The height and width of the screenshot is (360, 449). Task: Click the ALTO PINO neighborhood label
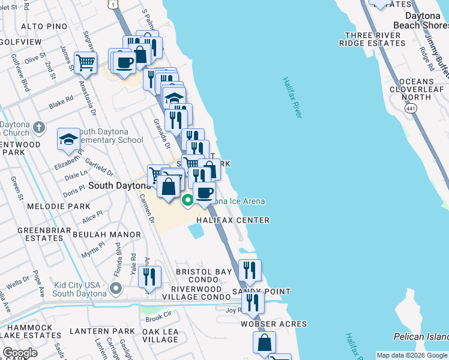pyautogui.click(x=40, y=27)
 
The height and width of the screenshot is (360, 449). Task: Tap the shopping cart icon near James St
pyautogui.click(x=86, y=62)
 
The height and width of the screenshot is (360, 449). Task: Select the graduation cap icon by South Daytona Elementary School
pyautogui.click(x=69, y=139)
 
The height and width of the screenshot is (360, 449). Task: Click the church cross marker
pyautogui.click(x=39, y=127)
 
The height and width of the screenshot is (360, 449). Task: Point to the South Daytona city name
pyautogui.click(x=118, y=186)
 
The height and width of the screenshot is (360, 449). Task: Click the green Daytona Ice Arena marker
pyautogui.click(x=188, y=201)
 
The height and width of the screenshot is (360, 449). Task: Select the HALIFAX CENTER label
pyautogui.click(x=232, y=220)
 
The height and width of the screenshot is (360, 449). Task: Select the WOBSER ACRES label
pyautogui.click(x=273, y=324)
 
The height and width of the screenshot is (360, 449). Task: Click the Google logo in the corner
pyautogui.click(x=20, y=353)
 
